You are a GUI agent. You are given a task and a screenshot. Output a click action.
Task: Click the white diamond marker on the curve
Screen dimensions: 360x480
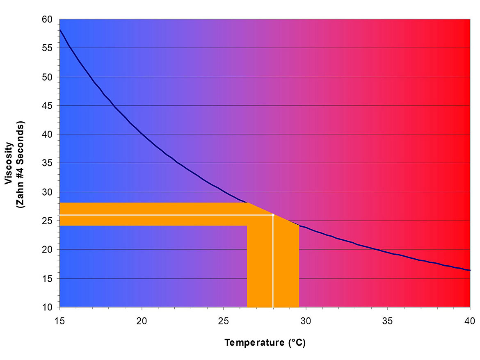tap(273, 215)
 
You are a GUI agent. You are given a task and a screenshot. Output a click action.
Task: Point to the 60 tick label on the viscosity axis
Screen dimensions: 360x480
tap(48, 19)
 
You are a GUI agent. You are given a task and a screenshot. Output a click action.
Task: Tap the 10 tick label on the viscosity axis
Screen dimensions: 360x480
tap(48, 307)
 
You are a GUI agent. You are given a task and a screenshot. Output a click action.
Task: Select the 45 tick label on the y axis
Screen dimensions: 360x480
tap(48, 106)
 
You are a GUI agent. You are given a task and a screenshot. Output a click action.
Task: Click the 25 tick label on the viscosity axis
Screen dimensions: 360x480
tap(48, 221)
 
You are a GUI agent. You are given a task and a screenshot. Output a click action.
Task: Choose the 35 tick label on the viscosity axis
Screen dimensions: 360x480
tap(48, 163)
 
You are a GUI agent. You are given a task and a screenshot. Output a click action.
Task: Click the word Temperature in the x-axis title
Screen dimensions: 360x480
tap(252, 343)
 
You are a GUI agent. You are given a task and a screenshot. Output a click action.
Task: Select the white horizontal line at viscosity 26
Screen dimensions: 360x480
tap(164, 215)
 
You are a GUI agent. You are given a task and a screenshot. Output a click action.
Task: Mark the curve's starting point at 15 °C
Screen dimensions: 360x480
tap(60, 30)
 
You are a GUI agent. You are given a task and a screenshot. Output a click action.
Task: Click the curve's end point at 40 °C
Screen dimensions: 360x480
tap(470, 270)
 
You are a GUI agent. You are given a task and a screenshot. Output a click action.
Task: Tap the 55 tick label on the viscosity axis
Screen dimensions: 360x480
tap(48, 48)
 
